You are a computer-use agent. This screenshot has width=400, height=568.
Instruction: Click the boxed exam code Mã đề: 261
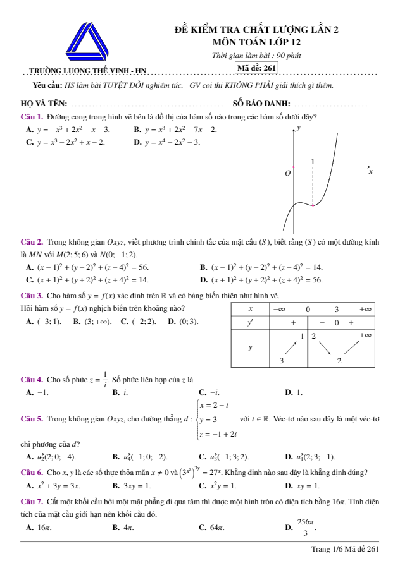(256, 68)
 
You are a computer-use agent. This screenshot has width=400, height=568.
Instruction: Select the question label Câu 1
(32, 117)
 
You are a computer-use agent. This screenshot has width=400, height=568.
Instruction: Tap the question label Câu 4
(32, 379)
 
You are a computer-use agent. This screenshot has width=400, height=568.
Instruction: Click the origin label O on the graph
(288, 172)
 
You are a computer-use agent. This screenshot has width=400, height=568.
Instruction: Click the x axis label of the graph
(371, 171)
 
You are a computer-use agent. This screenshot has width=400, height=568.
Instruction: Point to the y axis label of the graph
(299, 128)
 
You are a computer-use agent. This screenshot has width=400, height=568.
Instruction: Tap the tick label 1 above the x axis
(313, 162)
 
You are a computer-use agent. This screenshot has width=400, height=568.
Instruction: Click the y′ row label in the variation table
(250, 322)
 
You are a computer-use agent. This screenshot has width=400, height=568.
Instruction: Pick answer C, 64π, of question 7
(211, 526)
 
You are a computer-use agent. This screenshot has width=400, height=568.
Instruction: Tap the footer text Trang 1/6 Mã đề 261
(345, 549)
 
